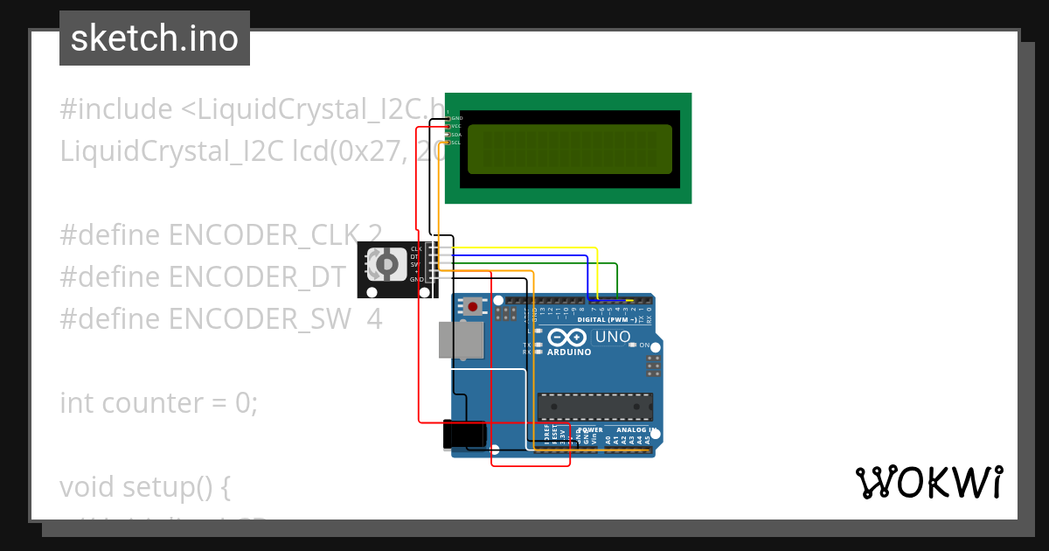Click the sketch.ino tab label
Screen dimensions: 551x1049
(x=155, y=38)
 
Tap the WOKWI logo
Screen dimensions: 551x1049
(x=928, y=482)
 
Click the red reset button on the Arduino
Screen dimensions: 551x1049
(x=473, y=306)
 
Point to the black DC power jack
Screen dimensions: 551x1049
(x=463, y=435)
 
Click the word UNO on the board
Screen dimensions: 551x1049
(x=612, y=337)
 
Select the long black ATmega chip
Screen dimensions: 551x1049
(x=594, y=407)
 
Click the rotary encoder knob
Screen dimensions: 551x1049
(x=383, y=264)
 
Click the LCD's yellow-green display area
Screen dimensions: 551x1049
(x=570, y=149)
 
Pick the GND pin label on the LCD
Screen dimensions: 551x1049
(x=456, y=118)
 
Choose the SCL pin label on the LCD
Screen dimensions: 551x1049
(x=455, y=143)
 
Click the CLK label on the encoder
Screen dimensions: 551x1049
(x=416, y=249)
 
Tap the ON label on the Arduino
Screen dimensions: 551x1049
(x=644, y=345)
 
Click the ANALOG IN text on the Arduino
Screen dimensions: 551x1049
(x=635, y=430)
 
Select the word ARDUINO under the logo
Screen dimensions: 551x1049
(x=569, y=352)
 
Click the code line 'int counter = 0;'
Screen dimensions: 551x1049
(x=158, y=403)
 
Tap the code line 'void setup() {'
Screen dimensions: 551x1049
(x=144, y=486)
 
